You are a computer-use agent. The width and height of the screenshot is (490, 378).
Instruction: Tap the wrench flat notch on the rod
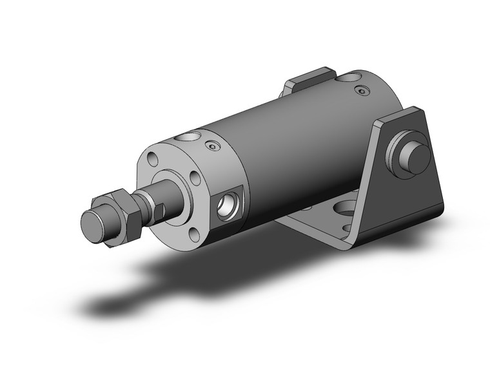pyautogui.click(x=166, y=205)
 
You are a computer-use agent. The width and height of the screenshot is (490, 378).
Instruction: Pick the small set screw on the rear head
pyautogui.click(x=363, y=92)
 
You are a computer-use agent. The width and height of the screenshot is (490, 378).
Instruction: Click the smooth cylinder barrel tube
pyautogui.click(x=290, y=148)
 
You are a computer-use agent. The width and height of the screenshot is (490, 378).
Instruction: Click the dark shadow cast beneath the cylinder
pyautogui.click(x=193, y=277)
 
